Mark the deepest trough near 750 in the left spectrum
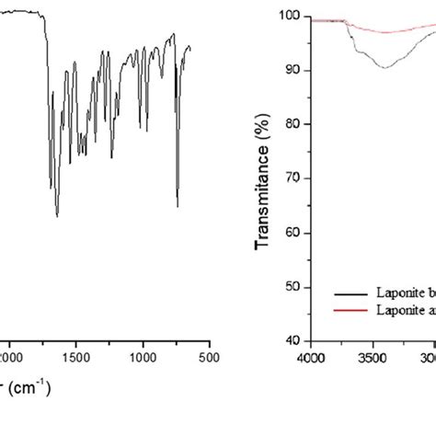[178, 207]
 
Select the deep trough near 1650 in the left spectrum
[57, 216]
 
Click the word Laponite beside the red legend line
[396, 309]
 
